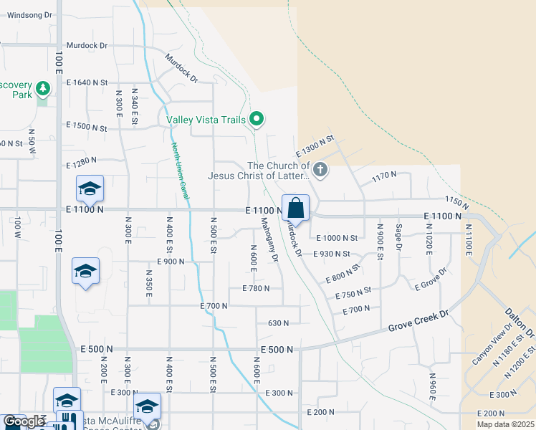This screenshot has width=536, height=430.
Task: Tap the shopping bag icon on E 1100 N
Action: tap(295, 209)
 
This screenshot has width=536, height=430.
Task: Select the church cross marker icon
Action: tap(320, 170)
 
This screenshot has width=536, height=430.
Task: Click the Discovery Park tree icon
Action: tap(43, 88)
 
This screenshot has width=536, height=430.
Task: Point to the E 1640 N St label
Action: tap(87, 82)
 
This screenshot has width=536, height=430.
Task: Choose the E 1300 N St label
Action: tap(315, 146)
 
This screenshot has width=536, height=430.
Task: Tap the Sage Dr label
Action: tap(399, 236)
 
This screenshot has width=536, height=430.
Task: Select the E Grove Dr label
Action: tap(431, 279)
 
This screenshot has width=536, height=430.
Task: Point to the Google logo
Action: tap(24, 421)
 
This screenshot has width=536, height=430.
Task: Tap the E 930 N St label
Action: tap(331, 254)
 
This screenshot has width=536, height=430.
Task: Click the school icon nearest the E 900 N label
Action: tap(85, 272)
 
